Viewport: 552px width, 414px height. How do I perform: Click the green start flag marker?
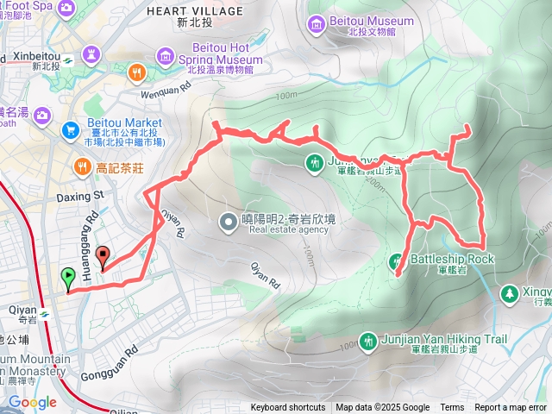68,278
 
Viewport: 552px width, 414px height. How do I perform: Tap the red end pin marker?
103,256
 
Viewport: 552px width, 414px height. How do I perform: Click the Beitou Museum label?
372,21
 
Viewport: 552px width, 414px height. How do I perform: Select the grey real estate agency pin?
228,223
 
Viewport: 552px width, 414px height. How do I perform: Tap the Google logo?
32,402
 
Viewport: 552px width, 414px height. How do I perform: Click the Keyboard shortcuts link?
288,408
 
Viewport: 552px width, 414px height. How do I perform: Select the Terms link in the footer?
452,408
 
